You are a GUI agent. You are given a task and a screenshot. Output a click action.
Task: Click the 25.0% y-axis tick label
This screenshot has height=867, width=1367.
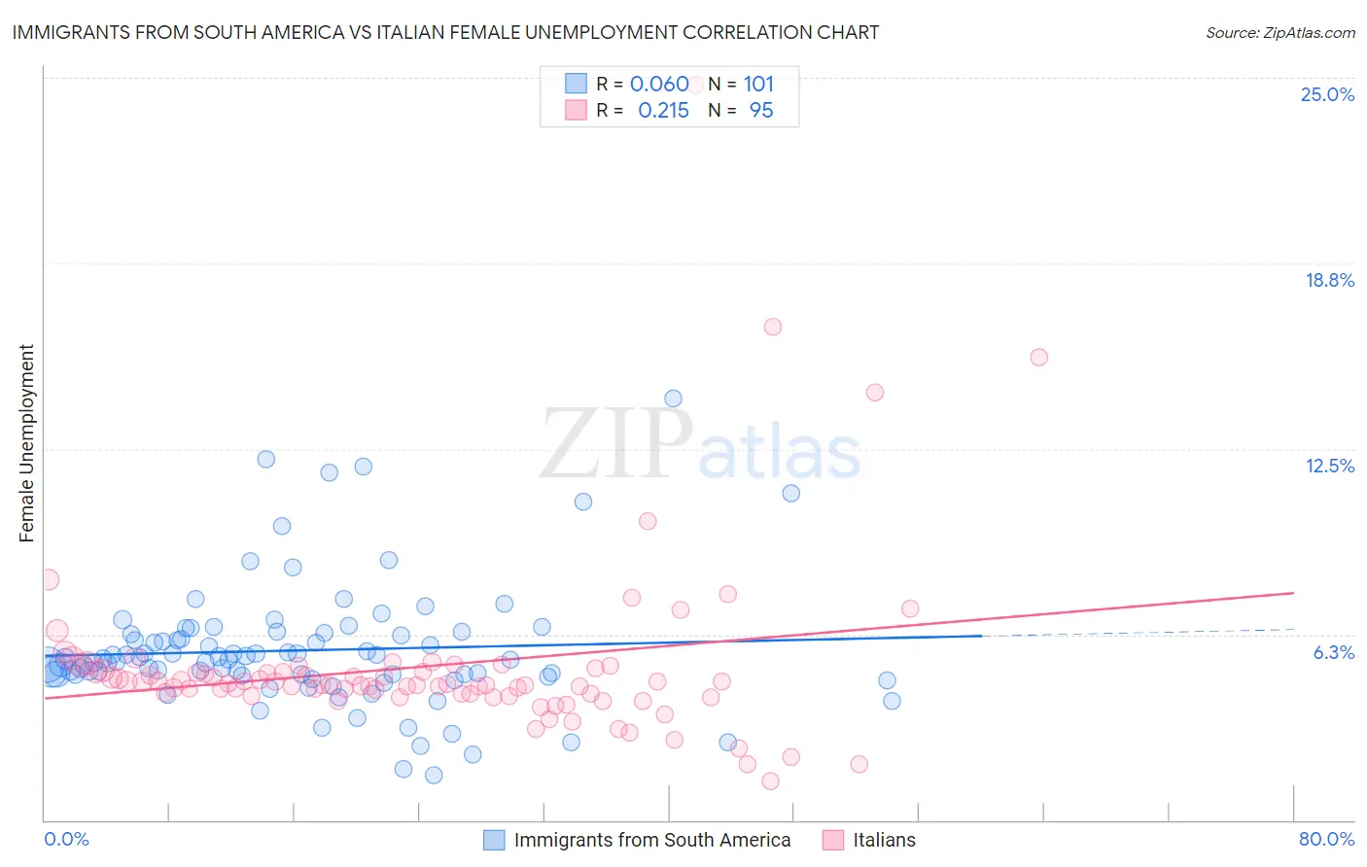[x=1327, y=94]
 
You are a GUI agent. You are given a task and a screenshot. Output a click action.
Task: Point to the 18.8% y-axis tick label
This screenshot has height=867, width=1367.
[x=1329, y=280]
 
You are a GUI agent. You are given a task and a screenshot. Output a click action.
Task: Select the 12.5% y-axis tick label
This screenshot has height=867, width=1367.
[x=1329, y=466]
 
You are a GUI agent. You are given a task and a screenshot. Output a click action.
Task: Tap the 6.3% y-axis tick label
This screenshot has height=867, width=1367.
[x=1333, y=652]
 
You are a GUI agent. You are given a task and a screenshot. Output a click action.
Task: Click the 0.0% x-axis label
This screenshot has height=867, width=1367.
[x=66, y=839]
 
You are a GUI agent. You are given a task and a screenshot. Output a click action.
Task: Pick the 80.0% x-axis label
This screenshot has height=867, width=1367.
[x=1326, y=839]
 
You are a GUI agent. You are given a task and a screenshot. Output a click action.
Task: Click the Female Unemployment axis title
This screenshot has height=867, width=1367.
[x=26, y=443]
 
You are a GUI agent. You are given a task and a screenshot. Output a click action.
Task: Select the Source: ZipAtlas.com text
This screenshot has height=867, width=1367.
[x=1279, y=33]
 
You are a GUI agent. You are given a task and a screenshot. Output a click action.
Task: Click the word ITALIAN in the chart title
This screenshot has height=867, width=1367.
[x=477, y=33]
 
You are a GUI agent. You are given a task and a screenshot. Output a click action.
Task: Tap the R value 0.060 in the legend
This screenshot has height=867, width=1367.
[x=659, y=85]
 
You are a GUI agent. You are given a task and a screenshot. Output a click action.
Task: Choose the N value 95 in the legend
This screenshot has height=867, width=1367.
[x=761, y=111]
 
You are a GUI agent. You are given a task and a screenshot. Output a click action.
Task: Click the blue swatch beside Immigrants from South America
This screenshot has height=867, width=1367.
[x=494, y=840]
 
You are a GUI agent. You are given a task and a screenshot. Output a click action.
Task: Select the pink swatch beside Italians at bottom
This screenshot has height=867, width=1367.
[x=832, y=840]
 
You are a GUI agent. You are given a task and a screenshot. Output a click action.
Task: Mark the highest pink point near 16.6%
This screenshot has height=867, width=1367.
[x=773, y=327]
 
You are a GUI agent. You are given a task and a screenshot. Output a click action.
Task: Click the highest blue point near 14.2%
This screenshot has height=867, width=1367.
[x=673, y=399]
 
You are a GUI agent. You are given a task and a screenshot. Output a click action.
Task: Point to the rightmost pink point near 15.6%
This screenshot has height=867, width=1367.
[x=1038, y=357]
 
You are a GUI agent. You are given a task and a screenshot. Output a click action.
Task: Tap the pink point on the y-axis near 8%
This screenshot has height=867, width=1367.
[x=49, y=579]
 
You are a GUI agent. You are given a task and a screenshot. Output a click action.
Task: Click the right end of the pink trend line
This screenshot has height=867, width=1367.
[x=1292, y=593]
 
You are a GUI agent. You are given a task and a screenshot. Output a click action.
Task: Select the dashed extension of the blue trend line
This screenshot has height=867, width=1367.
[x=1138, y=633]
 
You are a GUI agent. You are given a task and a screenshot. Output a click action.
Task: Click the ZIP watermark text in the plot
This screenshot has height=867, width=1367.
[x=616, y=445]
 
